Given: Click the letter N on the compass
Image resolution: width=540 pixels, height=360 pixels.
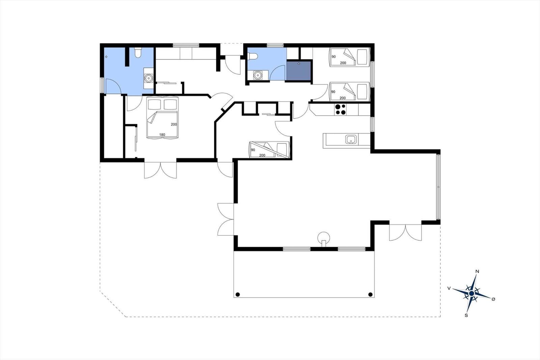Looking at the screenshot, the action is pyautogui.click(x=477, y=272).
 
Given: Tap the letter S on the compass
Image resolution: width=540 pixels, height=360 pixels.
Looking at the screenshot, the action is pyautogui.click(x=466, y=315).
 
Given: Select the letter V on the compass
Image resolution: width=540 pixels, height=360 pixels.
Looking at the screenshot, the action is pyautogui.click(x=449, y=288).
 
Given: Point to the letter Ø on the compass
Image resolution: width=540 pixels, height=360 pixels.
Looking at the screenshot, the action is pyautogui.click(x=493, y=299).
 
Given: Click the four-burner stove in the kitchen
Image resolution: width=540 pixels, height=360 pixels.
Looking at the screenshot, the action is pyautogui.click(x=341, y=109).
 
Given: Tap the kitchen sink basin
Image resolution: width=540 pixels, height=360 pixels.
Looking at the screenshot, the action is pyautogui.click(x=351, y=139).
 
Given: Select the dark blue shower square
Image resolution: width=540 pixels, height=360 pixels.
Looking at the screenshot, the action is pyautogui.click(x=298, y=71).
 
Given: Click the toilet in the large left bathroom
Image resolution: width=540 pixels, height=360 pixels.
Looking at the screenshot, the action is pyautogui.click(x=138, y=53).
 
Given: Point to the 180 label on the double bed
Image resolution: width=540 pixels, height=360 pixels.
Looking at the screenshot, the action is pyautogui.click(x=162, y=135).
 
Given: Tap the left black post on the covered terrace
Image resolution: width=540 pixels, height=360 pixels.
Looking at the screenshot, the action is pyautogui.click(x=238, y=294).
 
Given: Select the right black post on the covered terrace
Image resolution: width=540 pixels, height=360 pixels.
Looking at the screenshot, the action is pyautogui.click(x=371, y=294).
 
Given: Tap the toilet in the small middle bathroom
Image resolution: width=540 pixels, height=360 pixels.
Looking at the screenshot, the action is pyautogui.click(x=253, y=56).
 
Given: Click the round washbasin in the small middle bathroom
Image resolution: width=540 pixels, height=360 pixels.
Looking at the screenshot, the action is pyautogui.click(x=258, y=75).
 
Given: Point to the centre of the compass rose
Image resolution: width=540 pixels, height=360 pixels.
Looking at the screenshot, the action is pyautogui.click(x=471, y=293).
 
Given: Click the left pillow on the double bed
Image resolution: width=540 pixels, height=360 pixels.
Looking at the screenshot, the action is pyautogui.click(x=154, y=105).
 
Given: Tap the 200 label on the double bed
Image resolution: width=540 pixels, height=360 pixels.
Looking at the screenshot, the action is pyautogui.click(x=174, y=125).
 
